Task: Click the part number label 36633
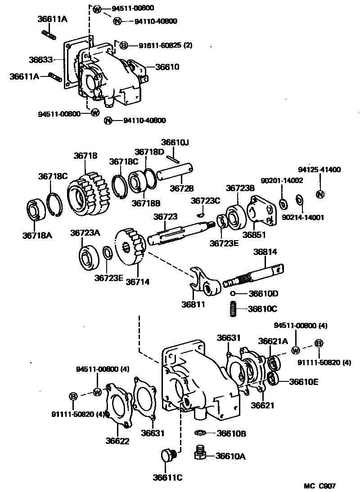pos(41,59)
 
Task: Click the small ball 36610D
pos(233,294)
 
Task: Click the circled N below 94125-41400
pos(320,195)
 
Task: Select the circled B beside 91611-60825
pos(123,45)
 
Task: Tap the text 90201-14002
pos(284,180)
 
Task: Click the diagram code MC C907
pos(319,486)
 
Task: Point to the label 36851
pos(254,234)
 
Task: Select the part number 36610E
pos(304,382)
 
